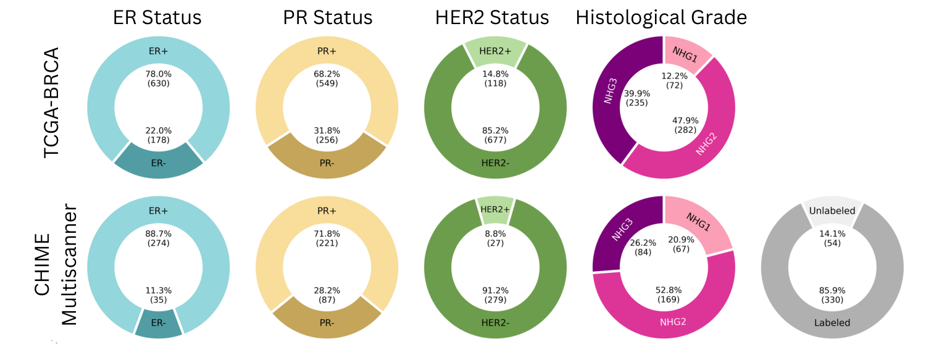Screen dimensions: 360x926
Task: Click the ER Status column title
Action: click(157, 18)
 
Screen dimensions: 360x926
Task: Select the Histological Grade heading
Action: click(661, 18)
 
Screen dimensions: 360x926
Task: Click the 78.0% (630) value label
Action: click(158, 78)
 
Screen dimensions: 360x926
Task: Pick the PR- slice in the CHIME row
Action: click(327, 322)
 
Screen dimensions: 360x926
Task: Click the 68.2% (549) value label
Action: click(327, 78)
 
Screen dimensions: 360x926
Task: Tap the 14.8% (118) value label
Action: click(495, 78)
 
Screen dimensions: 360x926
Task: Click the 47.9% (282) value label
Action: click(686, 125)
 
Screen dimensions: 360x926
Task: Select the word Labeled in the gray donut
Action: click(832, 322)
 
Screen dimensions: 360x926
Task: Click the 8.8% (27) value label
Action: click(495, 238)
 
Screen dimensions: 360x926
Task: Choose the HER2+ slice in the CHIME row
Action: click(495, 210)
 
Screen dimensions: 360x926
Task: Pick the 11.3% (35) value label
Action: click(158, 295)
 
